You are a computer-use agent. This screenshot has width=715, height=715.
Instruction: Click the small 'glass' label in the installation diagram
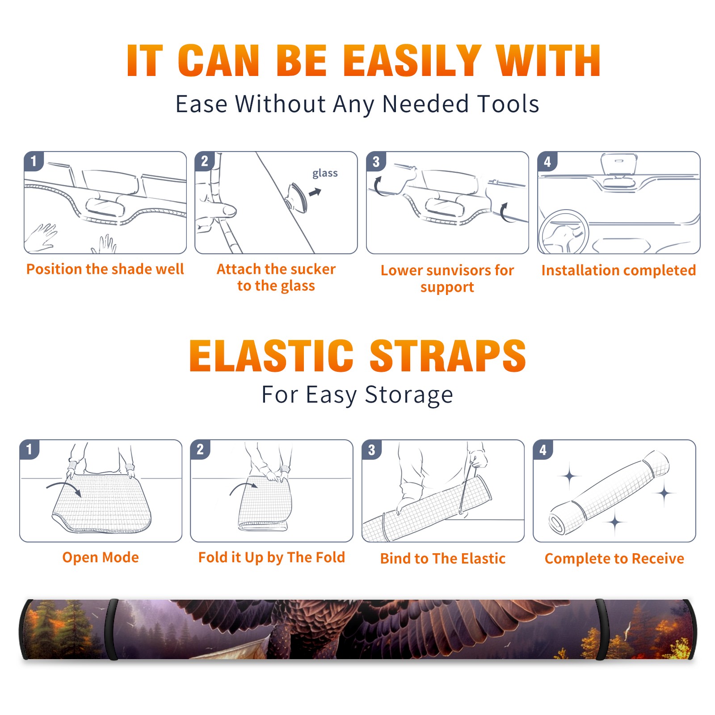[325, 173]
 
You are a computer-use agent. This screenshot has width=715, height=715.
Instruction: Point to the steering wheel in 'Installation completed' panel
[563, 231]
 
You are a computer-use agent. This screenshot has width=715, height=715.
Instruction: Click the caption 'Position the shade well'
[105, 269]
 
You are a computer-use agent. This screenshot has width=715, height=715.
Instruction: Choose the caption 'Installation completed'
[618, 270]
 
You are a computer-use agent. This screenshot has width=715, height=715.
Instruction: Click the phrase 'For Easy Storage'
[357, 395]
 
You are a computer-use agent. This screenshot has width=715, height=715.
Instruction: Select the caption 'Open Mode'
[101, 557]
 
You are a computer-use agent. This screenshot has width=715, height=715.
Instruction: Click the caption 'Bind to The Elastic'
[443, 559]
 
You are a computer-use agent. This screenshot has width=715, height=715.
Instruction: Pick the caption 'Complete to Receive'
[614, 559]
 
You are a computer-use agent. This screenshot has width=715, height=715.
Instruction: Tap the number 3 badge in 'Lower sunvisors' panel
[376, 161]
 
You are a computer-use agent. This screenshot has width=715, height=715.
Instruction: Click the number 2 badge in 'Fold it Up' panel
[200, 449]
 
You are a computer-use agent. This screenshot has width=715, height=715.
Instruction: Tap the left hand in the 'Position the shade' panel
[41, 238]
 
